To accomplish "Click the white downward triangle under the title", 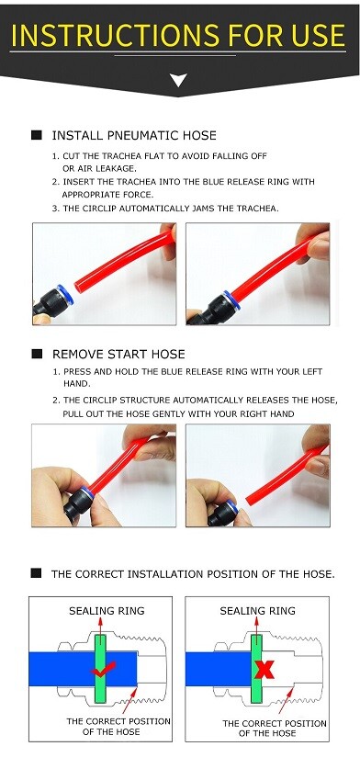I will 179,81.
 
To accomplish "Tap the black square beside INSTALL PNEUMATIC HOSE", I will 37,135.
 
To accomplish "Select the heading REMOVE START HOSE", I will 118,354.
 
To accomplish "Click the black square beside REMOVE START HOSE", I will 37,354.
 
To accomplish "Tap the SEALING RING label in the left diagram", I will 107,611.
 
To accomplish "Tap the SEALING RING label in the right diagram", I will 258,611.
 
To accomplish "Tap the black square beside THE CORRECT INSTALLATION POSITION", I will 37,572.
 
